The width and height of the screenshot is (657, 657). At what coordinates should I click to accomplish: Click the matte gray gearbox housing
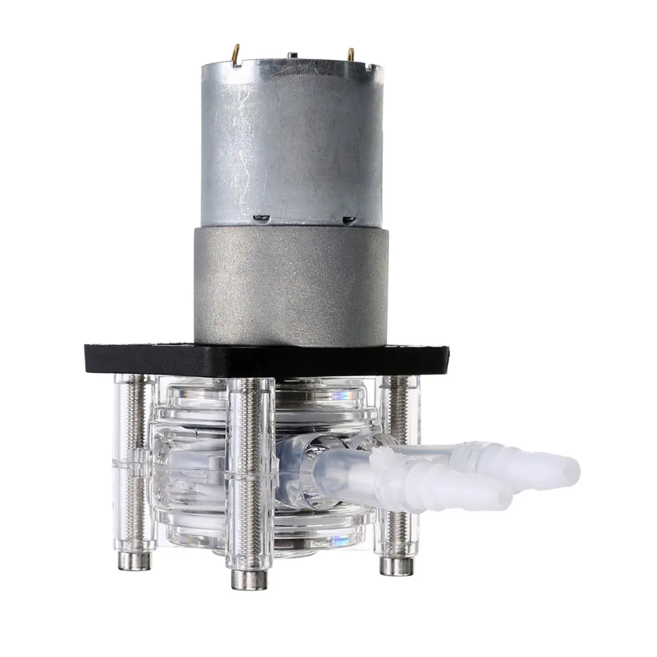click(291, 286)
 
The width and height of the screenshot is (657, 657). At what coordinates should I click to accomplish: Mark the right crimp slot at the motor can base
click(348, 218)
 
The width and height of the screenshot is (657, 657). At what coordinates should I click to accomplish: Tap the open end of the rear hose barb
click(571, 472)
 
